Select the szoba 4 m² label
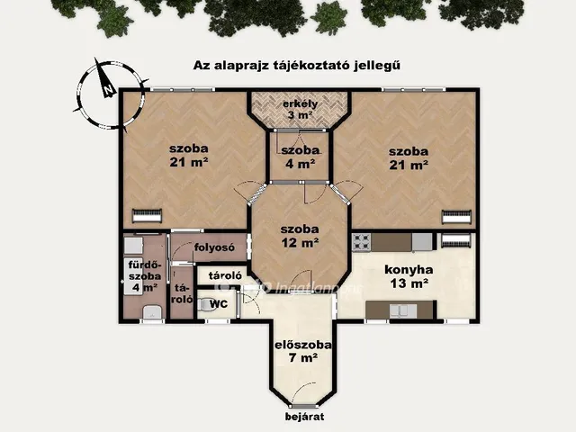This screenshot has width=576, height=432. [300, 157]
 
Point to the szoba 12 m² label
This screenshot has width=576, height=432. [299, 235]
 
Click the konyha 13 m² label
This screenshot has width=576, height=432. [409, 275]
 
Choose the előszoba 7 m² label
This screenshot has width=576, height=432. [303, 351]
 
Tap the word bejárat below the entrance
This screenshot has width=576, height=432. [304, 417]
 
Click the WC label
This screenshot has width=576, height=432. [218, 304]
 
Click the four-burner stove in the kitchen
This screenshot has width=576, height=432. [362, 241]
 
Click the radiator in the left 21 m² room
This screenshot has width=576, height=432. [147, 215]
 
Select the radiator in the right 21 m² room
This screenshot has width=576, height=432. [455, 216]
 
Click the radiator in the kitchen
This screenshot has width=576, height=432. [455, 240]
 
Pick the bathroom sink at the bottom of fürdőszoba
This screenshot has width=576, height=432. [151, 311]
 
